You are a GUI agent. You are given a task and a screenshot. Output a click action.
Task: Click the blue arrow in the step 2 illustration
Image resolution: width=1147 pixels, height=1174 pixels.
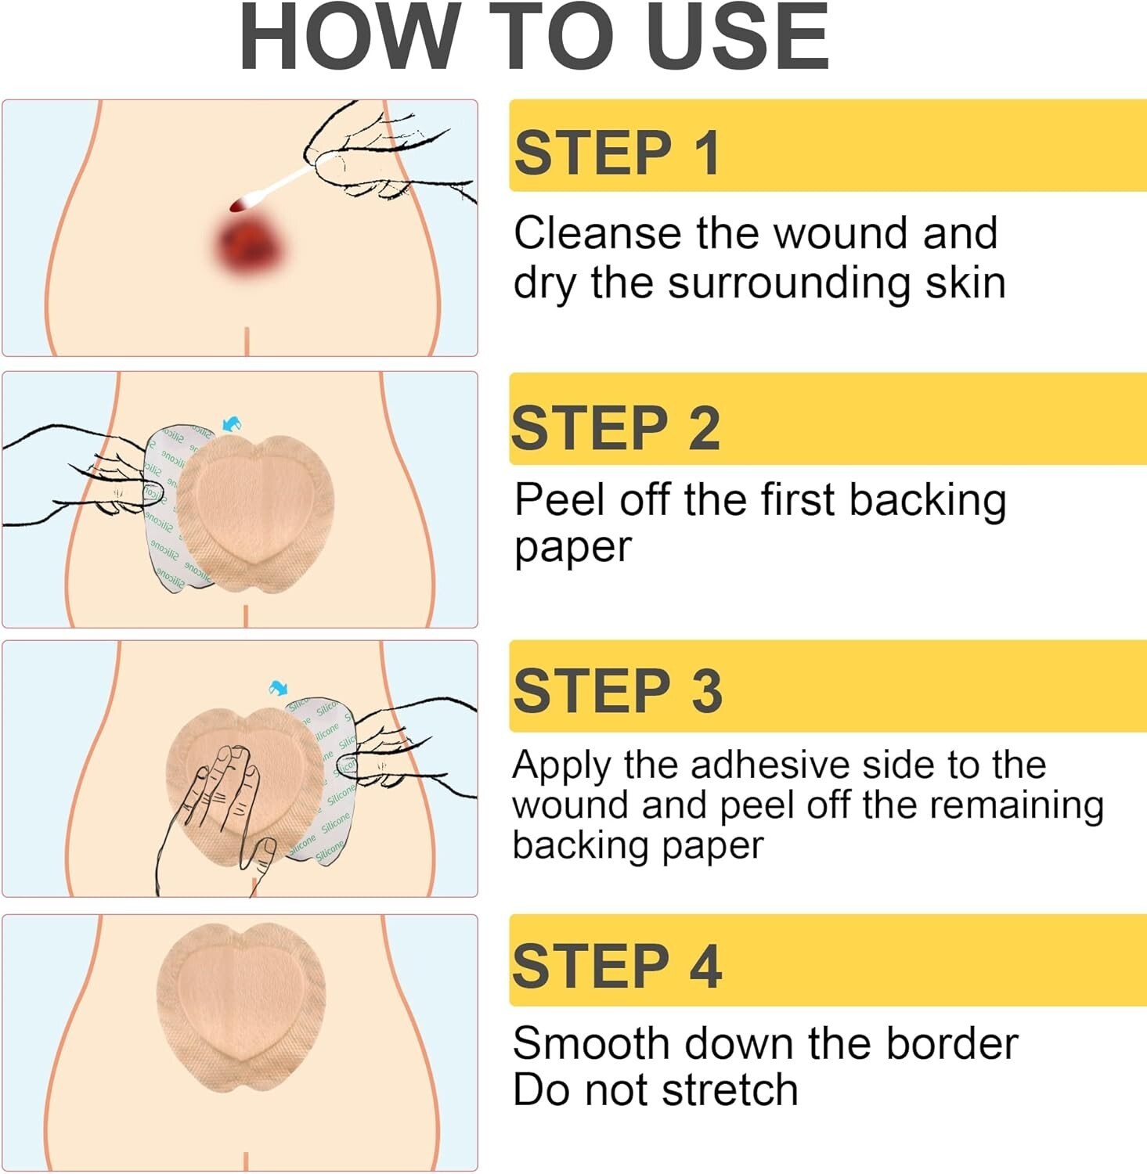click(x=232, y=423)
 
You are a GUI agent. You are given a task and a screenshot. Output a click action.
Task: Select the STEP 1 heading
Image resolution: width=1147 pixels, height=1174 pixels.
click(x=617, y=153)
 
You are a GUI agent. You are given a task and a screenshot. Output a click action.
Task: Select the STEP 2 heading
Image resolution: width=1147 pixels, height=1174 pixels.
click(x=615, y=427)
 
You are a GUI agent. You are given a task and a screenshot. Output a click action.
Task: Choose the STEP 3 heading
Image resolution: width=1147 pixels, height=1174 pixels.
click(x=617, y=690)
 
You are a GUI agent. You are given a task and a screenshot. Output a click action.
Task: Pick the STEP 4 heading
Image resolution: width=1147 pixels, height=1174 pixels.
click(x=617, y=966)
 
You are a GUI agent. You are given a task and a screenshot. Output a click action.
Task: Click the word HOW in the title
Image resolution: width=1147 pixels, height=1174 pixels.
click(x=349, y=37)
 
